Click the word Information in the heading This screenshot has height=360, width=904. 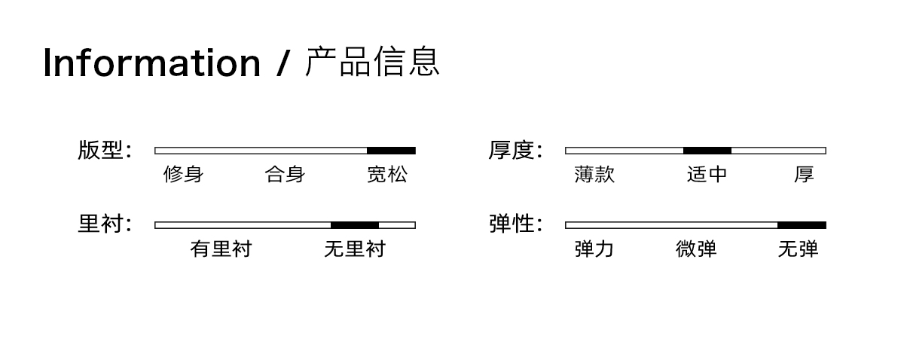click(x=151, y=63)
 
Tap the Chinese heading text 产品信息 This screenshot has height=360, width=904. click(x=372, y=62)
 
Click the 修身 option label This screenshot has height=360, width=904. click(x=184, y=175)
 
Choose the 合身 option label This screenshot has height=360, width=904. click(x=285, y=175)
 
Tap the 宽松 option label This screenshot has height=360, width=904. click(x=387, y=175)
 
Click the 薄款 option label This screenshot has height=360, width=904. click(x=594, y=175)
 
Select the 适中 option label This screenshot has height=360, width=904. click(x=707, y=175)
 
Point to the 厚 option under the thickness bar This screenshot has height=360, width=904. click(x=804, y=175)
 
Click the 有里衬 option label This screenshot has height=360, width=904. click(x=221, y=249)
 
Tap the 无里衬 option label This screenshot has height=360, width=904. click(x=354, y=249)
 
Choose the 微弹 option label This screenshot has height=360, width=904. click(x=696, y=249)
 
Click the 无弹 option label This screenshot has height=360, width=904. click(x=798, y=249)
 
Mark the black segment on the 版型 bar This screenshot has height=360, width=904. click(x=391, y=151)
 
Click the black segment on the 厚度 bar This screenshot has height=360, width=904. click(x=707, y=151)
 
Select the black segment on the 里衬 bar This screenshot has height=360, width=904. click(x=354, y=224)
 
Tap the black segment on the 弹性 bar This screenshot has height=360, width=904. click(x=802, y=224)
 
